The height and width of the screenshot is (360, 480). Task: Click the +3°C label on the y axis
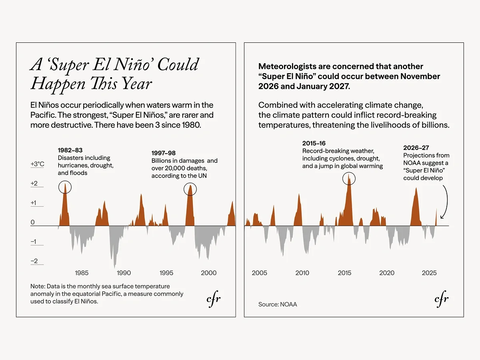[x=37, y=164]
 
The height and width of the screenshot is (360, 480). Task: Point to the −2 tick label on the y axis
[x=34, y=261]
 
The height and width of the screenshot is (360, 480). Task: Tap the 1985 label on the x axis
[x=82, y=273]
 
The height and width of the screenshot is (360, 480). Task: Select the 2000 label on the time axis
[x=209, y=273]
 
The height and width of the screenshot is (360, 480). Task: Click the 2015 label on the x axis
[x=344, y=273]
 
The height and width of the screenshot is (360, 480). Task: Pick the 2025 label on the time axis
[x=429, y=273]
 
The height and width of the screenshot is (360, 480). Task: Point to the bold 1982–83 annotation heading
[x=70, y=150]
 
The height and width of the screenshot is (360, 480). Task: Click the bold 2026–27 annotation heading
[x=416, y=148]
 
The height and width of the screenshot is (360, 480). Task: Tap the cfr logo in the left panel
[x=214, y=299]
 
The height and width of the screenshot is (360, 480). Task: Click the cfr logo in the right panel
[x=442, y=299]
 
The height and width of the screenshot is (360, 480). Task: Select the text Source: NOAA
[x=278, y=304]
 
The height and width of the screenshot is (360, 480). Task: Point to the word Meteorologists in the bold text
[x=286, y=66]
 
